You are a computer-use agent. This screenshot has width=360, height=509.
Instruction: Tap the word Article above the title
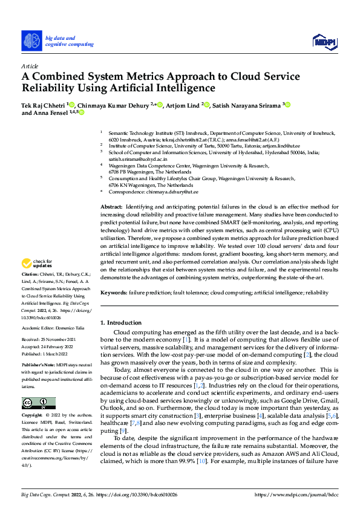pyautogui.click(x=30, y=66)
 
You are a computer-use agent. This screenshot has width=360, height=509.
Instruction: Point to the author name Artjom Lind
pyautogui.click(x=183, y=105)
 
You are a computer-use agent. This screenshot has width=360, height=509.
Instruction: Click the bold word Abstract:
pyautogui.click(x=112, y=207)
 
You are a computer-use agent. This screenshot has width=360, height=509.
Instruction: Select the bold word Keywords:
pyautogui.click(x=114, y=292)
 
